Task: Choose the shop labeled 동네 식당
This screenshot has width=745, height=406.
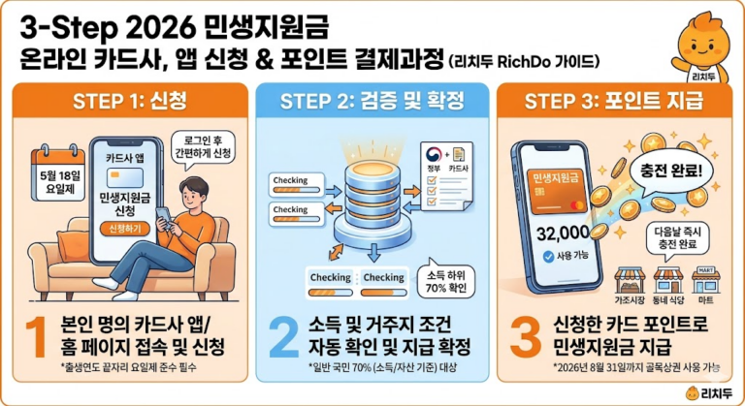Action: [x=669, y=283]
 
